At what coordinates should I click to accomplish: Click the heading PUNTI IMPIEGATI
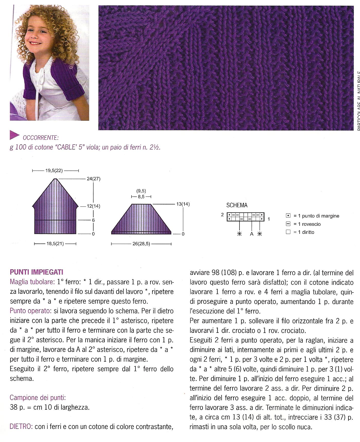(36, 272)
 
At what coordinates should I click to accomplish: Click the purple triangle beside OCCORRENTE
(14, 135)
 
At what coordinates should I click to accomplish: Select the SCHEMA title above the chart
(237, 205)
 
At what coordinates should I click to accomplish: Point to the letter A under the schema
(252, 234)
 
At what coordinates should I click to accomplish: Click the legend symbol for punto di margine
(288, 216)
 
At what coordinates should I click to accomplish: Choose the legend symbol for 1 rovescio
(288, 224)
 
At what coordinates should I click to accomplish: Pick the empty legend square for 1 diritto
(288, 232)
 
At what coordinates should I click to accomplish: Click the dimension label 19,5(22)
(54, 171)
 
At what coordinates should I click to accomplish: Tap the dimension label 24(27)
(94, 179)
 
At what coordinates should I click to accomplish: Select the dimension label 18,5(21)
(55, 244)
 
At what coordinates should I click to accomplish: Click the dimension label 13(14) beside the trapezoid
(183, 204)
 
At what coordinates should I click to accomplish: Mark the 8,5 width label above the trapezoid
(141, 197)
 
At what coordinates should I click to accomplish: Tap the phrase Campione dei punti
(38, 398)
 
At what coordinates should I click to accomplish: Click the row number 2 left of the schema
(222, 214)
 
